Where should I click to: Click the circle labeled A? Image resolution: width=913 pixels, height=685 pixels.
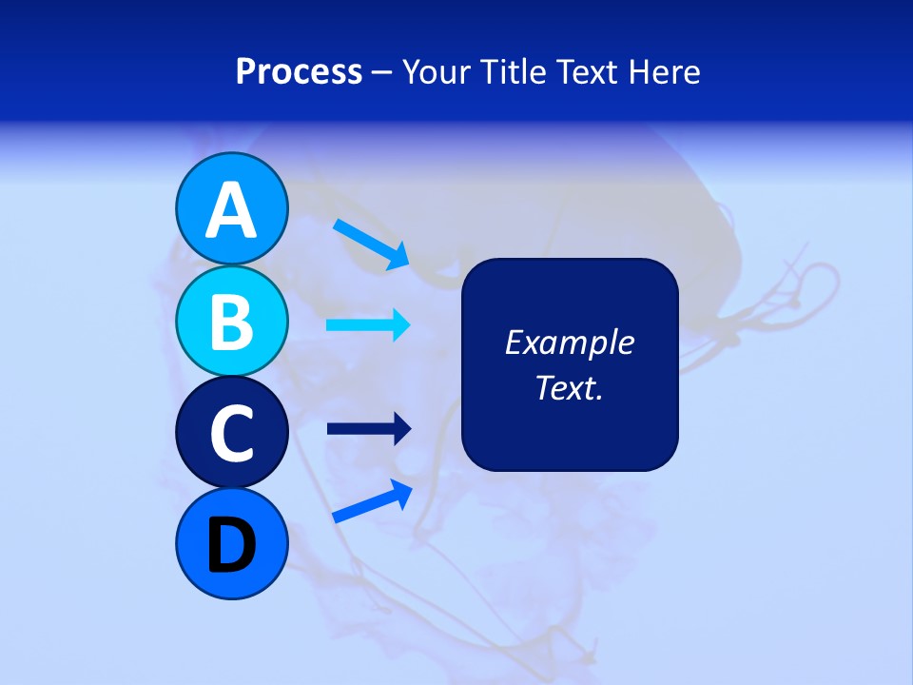[x=231, y=208]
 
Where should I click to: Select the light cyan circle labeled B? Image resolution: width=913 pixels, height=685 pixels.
[x=231, y=321]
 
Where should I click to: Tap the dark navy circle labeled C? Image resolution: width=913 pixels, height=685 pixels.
[x=231, y=432]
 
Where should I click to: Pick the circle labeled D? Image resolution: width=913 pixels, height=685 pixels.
[x=231, y=543]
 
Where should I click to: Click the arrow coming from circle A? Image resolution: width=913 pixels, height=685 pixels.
[x=371, y=244]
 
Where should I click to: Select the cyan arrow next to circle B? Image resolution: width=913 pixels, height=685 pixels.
[x=368, y=325]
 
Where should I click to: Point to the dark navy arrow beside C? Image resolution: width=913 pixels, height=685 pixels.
[x=368, y=429]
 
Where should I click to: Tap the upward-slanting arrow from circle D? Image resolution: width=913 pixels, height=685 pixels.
[x=372, y=501]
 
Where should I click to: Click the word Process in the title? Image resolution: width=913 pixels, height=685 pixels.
[x=299, y=72]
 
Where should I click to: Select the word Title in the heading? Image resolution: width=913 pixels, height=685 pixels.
[x=504, y=72]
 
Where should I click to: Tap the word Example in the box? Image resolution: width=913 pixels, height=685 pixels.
[x=569, y=342]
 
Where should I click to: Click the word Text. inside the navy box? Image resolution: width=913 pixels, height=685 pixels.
[x=569, y=387]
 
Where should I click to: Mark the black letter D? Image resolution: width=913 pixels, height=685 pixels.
[x=231, y=545]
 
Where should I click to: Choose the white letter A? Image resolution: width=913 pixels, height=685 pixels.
[x=231, y=210]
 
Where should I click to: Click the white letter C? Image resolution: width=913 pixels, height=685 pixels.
[x=231, y=434]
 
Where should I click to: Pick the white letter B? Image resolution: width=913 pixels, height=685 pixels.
[x=231, y=323]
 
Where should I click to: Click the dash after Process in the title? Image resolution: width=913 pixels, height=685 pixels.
[x=382, y=73]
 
